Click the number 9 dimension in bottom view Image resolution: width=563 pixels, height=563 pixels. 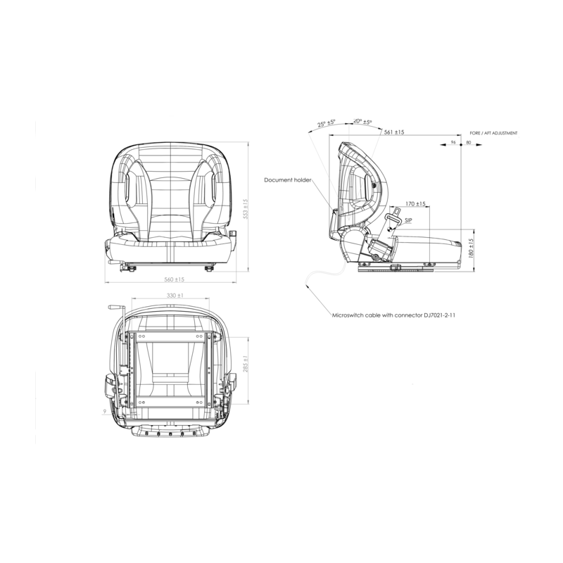point(104,410)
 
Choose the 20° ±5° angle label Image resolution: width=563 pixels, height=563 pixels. point(362,121)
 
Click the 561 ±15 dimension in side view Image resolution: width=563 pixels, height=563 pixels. point(394,132)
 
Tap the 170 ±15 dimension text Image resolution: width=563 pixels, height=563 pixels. point(417,204)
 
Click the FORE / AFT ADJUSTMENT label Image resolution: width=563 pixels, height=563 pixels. point(494,132)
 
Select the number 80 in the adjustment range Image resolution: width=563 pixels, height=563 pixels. point(469,143)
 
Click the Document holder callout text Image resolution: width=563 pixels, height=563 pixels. point(287,180)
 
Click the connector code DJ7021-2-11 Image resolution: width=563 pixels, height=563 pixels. point(440,317)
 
